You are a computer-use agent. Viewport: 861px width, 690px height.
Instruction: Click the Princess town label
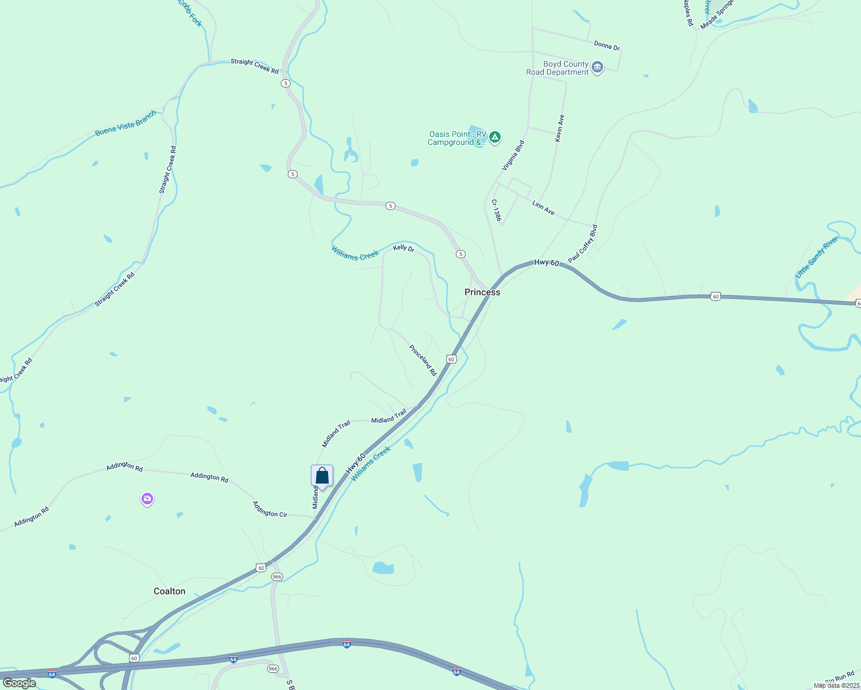click(482, 292)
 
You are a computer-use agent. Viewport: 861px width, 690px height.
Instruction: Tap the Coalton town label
click(170, 591)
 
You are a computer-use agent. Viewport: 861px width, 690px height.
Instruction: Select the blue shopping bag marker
click(322, 476)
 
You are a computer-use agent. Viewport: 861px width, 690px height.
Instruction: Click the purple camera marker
click(147, 499)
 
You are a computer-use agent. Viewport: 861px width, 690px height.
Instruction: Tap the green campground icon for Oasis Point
click(495, 137)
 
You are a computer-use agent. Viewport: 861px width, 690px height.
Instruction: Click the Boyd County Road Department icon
click(597, 68)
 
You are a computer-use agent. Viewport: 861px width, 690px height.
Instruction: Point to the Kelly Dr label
click(403, 248)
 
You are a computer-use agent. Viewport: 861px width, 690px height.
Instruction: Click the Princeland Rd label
click(423, 360)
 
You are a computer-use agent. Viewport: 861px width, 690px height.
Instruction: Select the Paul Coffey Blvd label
click(583, 244)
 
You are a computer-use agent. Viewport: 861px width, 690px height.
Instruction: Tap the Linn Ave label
click(543, 208)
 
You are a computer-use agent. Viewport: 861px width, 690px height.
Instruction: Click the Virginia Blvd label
click(513, 155)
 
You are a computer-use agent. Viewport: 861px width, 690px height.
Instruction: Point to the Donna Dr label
click(607, 45)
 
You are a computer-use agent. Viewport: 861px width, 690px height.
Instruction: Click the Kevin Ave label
click(559, 128)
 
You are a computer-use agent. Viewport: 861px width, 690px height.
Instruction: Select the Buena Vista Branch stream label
click(125, 124)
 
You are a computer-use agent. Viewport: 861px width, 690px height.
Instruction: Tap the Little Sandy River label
click(817, 258)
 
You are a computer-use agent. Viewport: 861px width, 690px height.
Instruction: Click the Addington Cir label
click(270, 509)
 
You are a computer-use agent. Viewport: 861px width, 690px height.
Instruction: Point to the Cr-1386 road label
click(496, 210)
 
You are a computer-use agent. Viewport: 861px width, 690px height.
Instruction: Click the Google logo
click(19, 683)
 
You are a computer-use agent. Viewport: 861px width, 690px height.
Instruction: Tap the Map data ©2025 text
click(836, 685)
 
